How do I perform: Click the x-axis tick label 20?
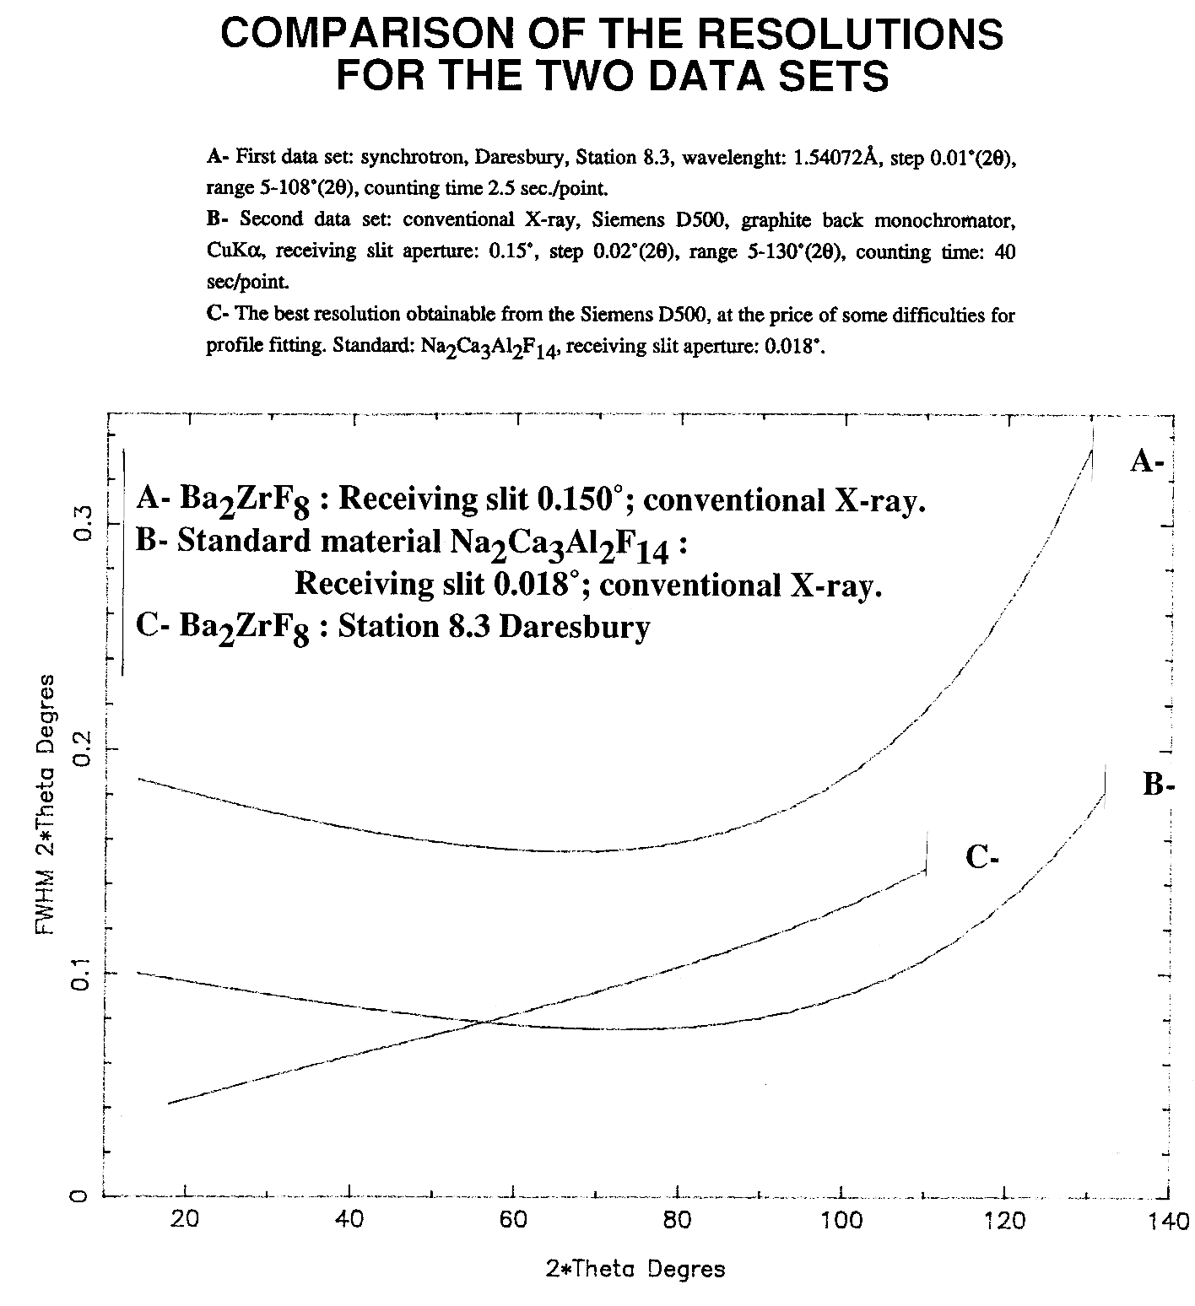184,1220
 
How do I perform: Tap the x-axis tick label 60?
512,1220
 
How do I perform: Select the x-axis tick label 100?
841,1220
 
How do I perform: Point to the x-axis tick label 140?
1169,1221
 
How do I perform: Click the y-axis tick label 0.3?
82,525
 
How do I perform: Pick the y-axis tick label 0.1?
82,973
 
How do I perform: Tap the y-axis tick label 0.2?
82,748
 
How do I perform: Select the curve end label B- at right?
1159,785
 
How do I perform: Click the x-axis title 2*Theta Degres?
635,1268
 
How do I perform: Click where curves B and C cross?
484,1023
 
